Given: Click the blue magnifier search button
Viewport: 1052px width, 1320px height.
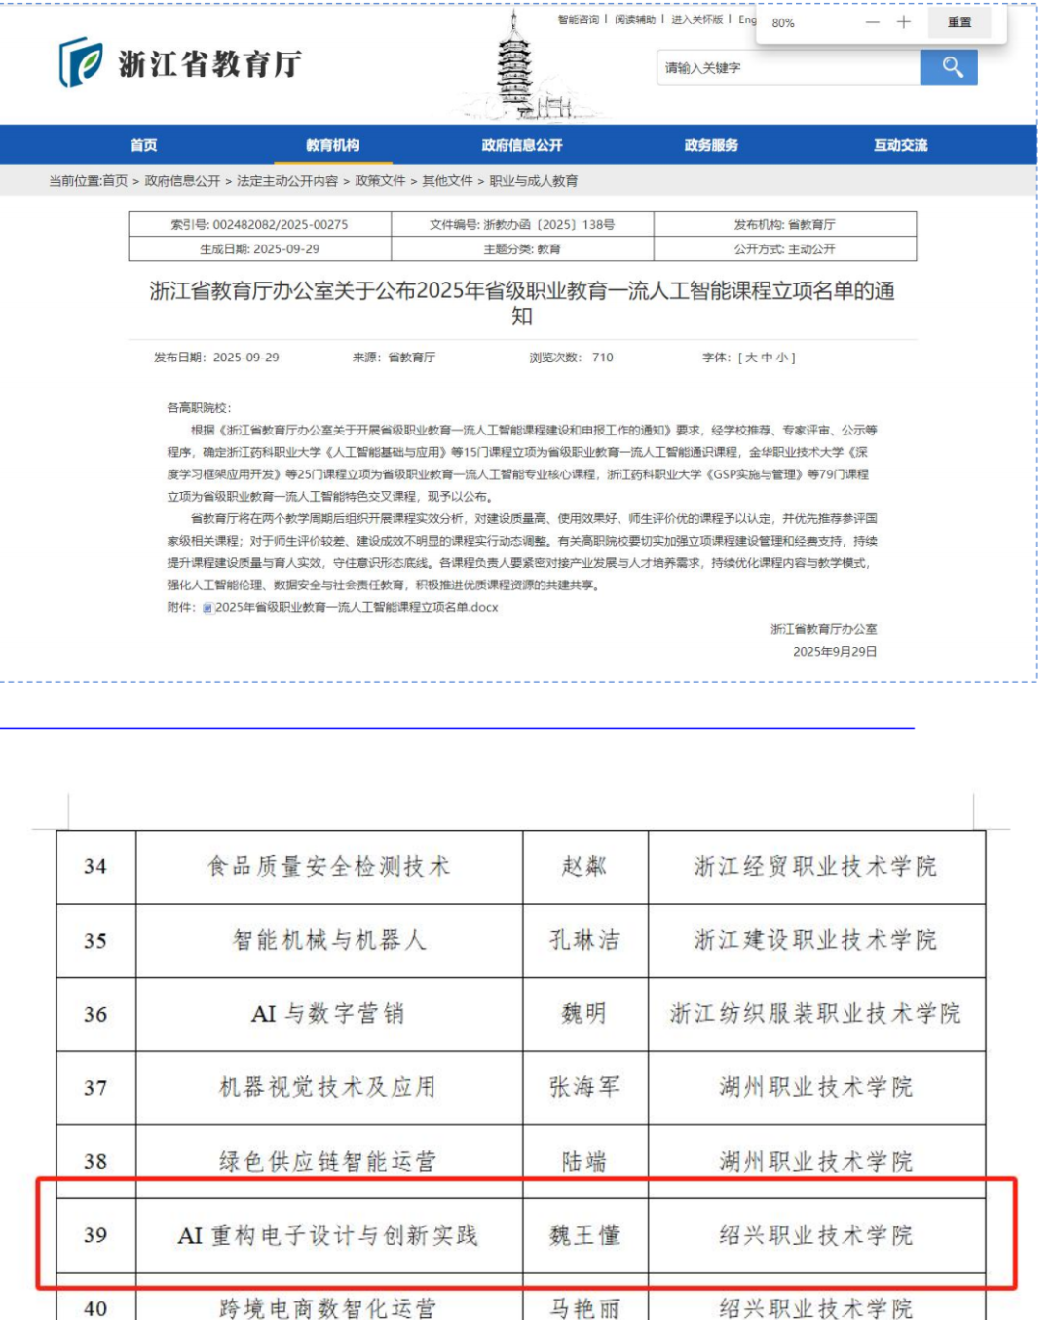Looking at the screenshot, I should (949, 67).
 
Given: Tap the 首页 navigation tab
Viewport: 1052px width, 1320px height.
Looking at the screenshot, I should (144, 145).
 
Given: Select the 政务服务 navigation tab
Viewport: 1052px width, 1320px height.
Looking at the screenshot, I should (711, 145).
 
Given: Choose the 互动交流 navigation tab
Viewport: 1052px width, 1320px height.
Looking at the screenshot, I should (900, 145).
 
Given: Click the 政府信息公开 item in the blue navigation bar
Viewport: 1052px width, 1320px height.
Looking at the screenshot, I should (522, 145).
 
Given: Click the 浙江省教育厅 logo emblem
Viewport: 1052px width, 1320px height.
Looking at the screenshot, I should (80, 62).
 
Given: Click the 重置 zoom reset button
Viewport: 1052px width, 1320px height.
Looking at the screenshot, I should (958, 22).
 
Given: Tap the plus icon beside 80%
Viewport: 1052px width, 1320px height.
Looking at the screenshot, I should (904, 22).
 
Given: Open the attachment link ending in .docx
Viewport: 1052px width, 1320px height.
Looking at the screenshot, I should (356, 607).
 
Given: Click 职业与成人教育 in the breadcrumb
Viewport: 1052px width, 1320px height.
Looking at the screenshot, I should (534, 181).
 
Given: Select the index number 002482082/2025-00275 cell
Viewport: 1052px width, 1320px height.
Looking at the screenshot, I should (260, 224).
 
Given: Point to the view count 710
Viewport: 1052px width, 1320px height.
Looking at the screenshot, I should (603, 358).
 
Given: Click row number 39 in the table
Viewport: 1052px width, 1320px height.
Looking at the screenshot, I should (95, 1235).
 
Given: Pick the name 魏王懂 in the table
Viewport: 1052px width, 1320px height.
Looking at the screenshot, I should (584, 1235).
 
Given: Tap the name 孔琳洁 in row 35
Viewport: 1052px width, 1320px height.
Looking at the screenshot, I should (584, 940).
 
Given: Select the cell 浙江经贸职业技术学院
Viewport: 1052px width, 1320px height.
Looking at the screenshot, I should (815, 866).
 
